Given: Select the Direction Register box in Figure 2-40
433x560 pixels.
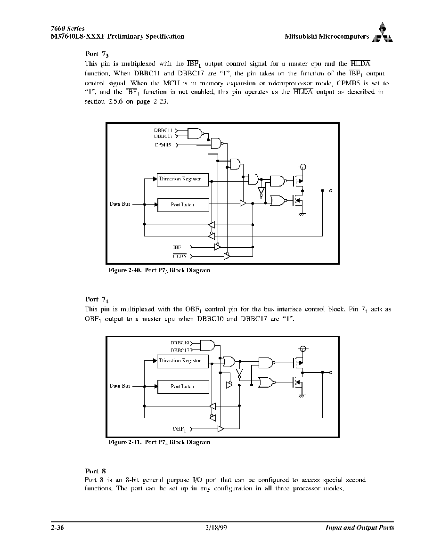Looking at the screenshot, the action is point(183,179).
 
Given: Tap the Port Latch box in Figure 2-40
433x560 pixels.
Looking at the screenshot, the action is point(183,205).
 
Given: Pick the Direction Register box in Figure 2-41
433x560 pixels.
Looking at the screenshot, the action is point(183,361).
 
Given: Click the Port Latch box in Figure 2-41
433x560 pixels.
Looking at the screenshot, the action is point(183,386).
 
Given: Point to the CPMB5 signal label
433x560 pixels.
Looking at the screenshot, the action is point(163,145).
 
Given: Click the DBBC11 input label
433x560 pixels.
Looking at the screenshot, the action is point(163,130).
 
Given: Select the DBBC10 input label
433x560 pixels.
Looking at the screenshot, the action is point(180,343).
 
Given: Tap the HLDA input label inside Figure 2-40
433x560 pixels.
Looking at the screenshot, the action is point(180,256).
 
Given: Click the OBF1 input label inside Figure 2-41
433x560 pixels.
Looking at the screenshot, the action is point(180,429).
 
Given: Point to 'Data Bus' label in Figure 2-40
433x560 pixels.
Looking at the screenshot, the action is point(120,204).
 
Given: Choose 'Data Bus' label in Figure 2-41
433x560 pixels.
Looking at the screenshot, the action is point(120,386).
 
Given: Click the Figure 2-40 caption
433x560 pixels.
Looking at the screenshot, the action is point(159,271).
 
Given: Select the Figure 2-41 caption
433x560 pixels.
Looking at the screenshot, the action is point(159,443).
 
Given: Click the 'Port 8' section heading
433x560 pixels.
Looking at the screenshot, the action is point(95,471).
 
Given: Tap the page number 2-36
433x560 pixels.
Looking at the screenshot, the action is point(57,528).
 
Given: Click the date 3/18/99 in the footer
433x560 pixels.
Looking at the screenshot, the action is point(217,528).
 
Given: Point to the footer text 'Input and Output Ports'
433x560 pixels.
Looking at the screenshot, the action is point(360,528).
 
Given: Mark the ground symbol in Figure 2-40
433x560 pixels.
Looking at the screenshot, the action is point(302,214).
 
